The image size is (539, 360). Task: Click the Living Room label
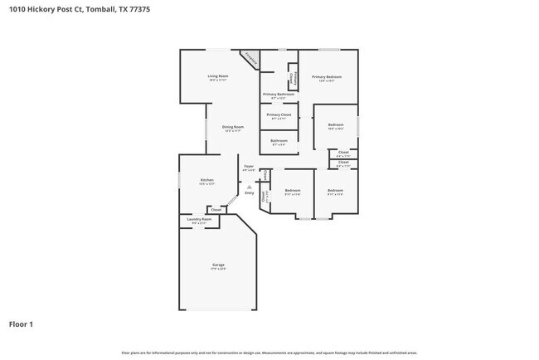(x=218, y=76)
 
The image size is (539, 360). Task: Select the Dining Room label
(x=232, y=127)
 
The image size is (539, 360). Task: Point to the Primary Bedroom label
(x=327, y=77)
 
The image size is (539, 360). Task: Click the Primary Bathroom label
(x=279, y=95)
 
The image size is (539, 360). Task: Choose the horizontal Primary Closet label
(x=279, y=114)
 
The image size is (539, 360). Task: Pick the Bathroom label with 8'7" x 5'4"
(x=279, y=140)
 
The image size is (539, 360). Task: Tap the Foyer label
(x=249, y=167)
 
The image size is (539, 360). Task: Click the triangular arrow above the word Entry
(x=249, y=187)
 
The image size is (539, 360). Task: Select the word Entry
(x=249, y=192)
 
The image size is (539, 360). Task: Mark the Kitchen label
(x=207, y=180)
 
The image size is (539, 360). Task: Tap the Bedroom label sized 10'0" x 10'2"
(x=336, y=124)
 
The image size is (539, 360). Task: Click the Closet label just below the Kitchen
(x=216, y=210)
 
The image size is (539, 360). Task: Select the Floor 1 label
(x=22, y=324)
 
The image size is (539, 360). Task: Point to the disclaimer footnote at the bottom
(x=269, y=353)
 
